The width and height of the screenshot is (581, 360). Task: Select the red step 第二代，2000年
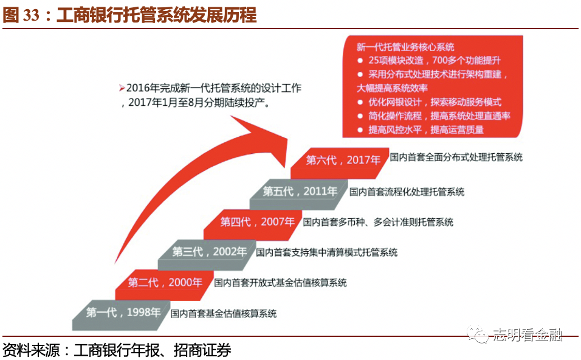tap(165, 282)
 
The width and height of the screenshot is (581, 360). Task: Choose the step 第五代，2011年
tap(300, 192)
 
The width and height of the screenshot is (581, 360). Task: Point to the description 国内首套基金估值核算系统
tap(224, 313)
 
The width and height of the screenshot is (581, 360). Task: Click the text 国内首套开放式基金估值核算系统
tap(280, 283)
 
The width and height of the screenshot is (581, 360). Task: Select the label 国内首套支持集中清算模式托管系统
tap(326, 252)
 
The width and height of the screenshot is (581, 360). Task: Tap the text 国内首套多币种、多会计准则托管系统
tap(378, 222)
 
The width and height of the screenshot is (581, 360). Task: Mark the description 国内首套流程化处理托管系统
tap(407, 192)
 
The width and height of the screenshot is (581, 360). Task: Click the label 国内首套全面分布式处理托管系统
tap(456, 157)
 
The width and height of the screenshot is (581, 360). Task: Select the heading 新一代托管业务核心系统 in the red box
tap(405, 47)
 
